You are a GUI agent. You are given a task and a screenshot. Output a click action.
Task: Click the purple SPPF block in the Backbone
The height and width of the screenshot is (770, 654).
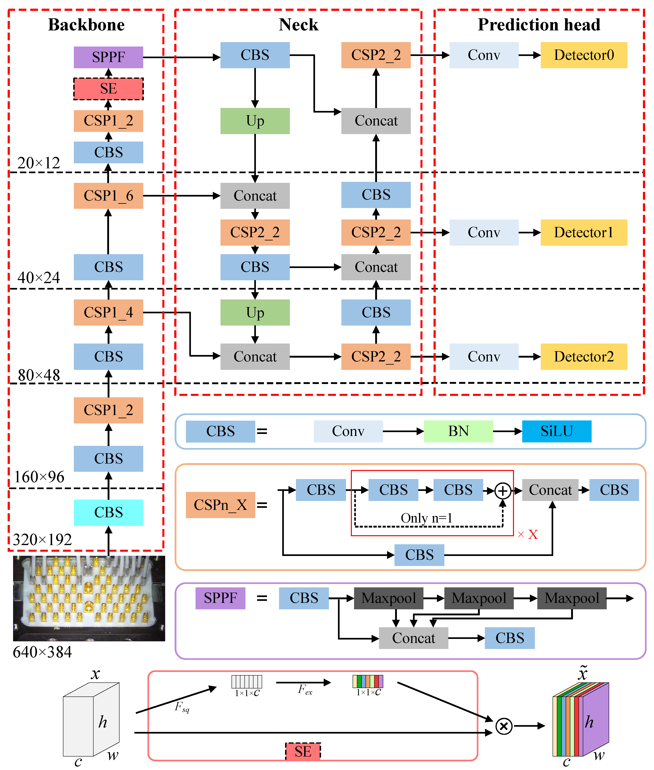tap(108, 57)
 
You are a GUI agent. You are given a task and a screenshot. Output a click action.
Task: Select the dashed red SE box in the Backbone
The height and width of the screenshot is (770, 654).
tap(108, 89)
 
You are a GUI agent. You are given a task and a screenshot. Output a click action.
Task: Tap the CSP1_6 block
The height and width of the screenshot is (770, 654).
tap(108, 196)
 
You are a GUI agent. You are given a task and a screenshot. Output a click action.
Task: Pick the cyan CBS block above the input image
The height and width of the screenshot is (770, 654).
tap(108, 512)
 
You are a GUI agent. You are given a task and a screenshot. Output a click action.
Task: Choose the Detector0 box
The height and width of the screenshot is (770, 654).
tap(584, 55)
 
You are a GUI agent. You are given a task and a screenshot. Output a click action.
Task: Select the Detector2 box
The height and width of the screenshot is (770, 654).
tap(584, 357)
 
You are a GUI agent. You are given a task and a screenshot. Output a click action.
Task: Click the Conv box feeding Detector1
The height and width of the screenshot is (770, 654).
tap(484, 232)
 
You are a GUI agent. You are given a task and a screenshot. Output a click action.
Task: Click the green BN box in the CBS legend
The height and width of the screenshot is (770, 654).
tap(458, 431)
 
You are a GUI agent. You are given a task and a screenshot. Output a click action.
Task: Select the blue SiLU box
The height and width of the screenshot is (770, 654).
tap(556, 431)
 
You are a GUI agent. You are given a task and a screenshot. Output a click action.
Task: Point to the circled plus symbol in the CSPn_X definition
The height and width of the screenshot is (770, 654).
tap(503, 491)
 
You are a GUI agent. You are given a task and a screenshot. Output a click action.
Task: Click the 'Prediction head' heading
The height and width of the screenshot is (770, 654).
tap(539, 25)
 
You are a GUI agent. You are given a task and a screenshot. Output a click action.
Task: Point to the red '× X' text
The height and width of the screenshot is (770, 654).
tap(528, 534)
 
